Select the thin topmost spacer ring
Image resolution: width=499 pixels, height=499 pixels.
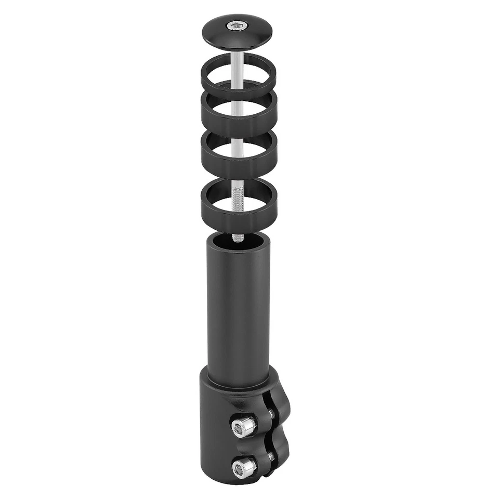coord(208,78)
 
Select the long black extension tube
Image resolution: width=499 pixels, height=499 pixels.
coord(238,312)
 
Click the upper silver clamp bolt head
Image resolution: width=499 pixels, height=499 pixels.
coord(243,427)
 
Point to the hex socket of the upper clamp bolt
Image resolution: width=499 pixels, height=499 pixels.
coord(241,427)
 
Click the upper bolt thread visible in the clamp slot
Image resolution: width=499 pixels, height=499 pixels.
coord(271,414)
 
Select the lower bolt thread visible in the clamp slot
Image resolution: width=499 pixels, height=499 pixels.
coord(271,456)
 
